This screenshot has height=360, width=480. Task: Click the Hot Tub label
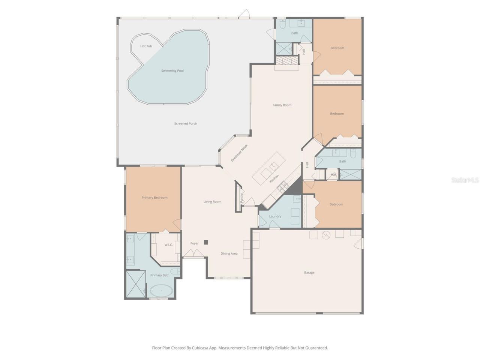coord(146,46)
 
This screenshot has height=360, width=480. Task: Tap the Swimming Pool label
coord(172,70)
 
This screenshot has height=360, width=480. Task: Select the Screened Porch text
coord(186,123)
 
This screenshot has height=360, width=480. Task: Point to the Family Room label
coord(282,105)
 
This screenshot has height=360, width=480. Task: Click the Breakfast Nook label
coord(239,153)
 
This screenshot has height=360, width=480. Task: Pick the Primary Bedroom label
coord(154,198)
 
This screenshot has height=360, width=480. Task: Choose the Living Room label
coord(212,202)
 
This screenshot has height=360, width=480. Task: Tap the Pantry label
coord(242,198)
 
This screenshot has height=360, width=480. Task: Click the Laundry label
coord(275,216)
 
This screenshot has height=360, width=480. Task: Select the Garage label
coord(309,273)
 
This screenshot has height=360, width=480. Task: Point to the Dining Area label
coord(229,253)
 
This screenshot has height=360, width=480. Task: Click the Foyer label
coord(194,243)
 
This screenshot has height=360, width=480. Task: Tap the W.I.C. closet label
coord(168,245)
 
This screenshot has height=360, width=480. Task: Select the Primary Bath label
coord(160,275)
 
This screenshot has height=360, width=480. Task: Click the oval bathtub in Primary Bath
coord(161,291)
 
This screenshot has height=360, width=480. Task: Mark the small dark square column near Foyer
coord(206,242)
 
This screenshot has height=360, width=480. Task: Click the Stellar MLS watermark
coord(465,180)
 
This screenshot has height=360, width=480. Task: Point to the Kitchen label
coord(274,178)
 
